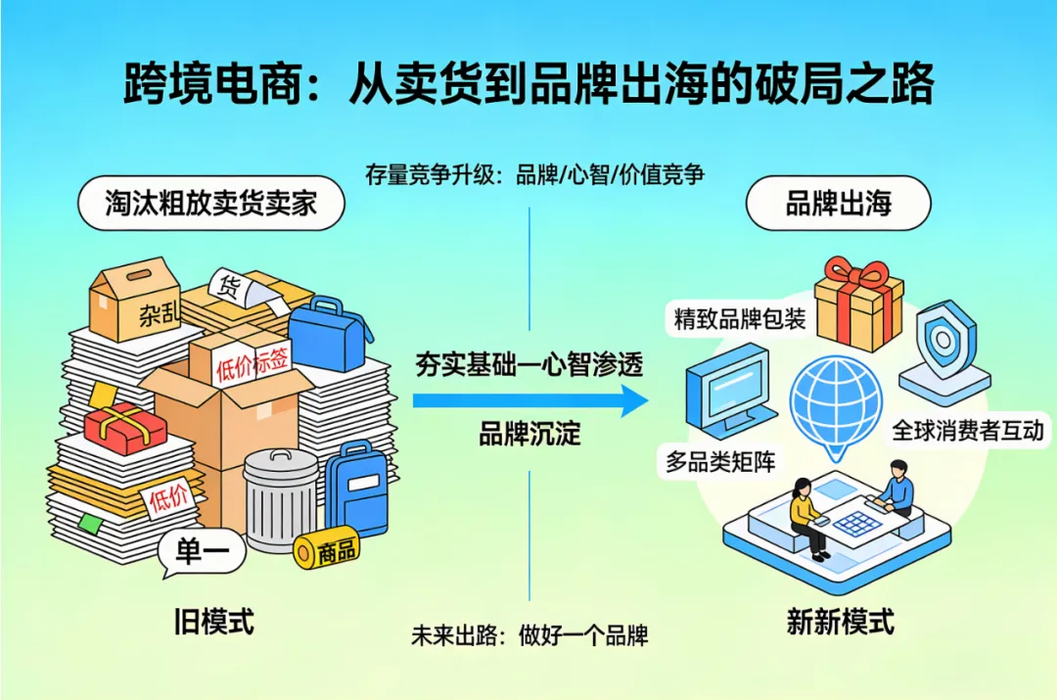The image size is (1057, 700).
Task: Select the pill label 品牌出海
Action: pyautogui.click(x=839, y=203)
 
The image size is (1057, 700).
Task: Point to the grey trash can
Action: pyautogui.click(x=281, y=499)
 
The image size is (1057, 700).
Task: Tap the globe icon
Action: pyautogui.click(x=836, y=401)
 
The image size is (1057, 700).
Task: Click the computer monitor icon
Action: pyautogui.click(x=726, y=394)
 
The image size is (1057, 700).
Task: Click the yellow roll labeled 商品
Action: pyautogui.click(x=327, y=551)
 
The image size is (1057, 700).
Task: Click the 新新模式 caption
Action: pyautogui.click(x=840, y=623)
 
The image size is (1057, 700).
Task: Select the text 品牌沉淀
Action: pyautogui.click(x=529, y=433)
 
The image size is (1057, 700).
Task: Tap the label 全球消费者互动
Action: pyautogui.click(x=968, y=430)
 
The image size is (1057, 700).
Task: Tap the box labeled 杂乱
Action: pyautogui.click(x=135, y=299)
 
